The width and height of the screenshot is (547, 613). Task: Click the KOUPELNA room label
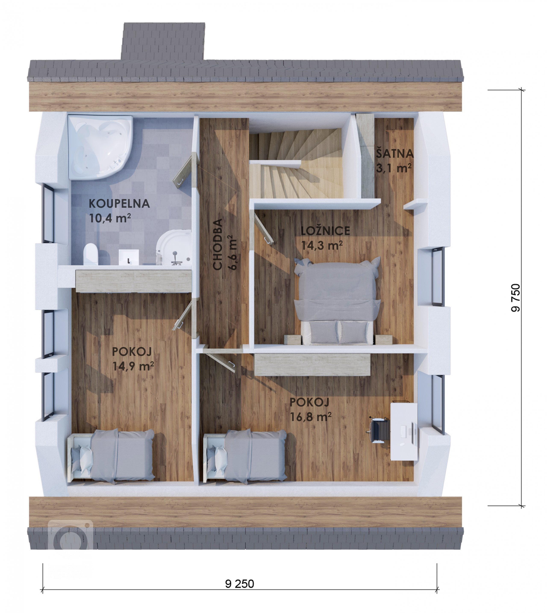pyautogui.click(x=119, y=204)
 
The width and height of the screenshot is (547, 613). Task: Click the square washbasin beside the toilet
pyautogui.click(x=129, y=257)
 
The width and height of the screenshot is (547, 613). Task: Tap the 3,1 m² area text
pyautogui.click(x=393, y=168)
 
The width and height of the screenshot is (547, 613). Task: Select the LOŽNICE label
pyautogui.click(x=325, y=231)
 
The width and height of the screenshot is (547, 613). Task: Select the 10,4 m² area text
pyautogui.click(x=110, y=218)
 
